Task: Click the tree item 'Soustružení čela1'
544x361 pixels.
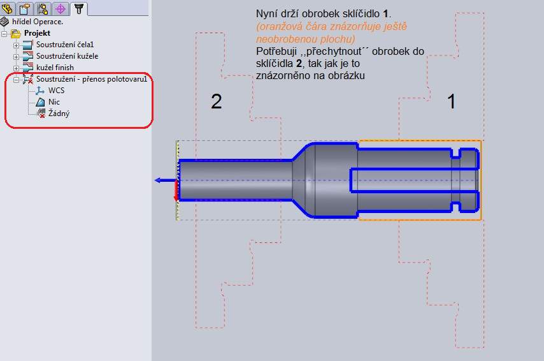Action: pyautogui.click(x=65, y=45)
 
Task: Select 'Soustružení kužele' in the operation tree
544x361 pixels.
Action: pyautogui.click(x=67, y=56)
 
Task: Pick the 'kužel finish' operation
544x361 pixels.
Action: pyautogui.click(x=55, y=68)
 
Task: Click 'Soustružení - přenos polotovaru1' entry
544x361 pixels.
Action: pyautogui.click(x=92, y=79)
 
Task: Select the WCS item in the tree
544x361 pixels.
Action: pyautogui.click(x=56, y=91)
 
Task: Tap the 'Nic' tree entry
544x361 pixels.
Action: pyautogui.click(x=54, y=102)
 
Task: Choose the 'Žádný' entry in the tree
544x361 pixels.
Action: pyautogui.click(x=59, y=114)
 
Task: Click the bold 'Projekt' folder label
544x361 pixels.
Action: pyautogui.click(x=37, y=33)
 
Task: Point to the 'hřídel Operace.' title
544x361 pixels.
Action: pyautogui.click(x=38, y=22)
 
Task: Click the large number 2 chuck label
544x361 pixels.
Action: pyautogui.click(x=217, y=101)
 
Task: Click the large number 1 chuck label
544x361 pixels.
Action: pyautogui.click(x=451, y=101)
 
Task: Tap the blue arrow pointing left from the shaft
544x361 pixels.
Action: pyautogui.click(x=166, y=180)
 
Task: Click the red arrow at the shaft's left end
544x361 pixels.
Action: pyautogui.click(x=176, y=190)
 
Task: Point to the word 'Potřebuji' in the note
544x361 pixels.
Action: pyautogui.click(x=276, y=52)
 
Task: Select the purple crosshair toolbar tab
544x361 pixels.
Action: pyautogui.click(x=61, y=9)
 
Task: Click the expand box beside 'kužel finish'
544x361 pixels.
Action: pyautogui.click(x=16, y=68)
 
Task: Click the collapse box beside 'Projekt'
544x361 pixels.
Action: pyautogui.click(x=4, y=34)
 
